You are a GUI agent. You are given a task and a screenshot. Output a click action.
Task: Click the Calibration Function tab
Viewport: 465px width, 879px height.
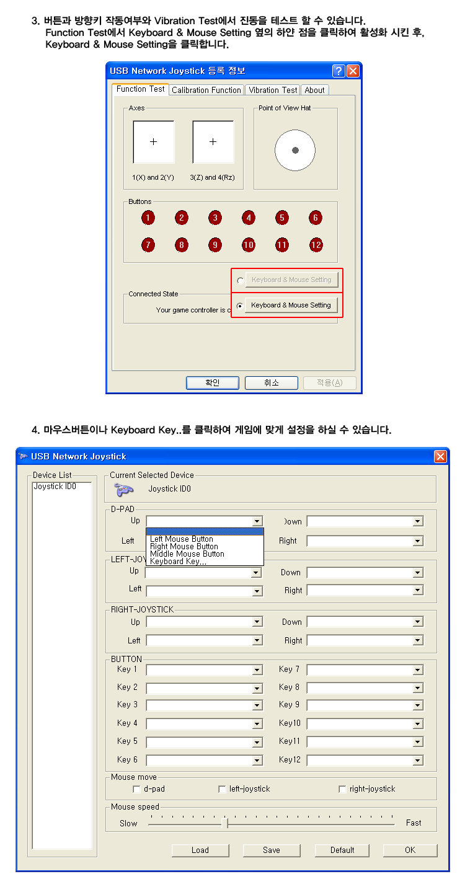click(x=206, y=90)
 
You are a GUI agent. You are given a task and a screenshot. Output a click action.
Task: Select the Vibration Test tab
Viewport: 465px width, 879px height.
click(x=273, y=90)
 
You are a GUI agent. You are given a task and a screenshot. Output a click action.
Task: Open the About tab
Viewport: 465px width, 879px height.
click(x=314, y=90)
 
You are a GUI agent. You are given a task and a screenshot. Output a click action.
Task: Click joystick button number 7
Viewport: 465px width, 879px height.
click(x=148, y=245)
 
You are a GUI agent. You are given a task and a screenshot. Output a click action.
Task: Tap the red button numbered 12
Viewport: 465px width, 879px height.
click(x=316, y=245)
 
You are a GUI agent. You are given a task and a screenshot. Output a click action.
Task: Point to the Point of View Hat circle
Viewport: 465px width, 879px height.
click(x=295, y=150)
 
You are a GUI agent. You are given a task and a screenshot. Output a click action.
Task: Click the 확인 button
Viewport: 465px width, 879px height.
click(x=212, y=382)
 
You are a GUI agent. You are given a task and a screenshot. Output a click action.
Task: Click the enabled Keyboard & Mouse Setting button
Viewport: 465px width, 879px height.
click(x=291, y=305)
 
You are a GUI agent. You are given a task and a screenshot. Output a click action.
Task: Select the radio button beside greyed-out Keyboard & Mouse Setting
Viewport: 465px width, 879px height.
click(x=240, y=280)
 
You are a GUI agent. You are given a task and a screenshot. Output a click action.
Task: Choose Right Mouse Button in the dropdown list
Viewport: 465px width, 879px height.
click(x=184, y=546)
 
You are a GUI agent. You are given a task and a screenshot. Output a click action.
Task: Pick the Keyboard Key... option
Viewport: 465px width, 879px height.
click(x=179, y=561)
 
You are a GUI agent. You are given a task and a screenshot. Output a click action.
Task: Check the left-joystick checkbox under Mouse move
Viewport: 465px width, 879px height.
click(x=222, y=789)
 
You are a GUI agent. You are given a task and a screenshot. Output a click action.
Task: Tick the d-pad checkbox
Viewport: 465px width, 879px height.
click(x=136, y=789)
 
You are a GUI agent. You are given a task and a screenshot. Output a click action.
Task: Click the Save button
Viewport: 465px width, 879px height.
click(x=271, y=850)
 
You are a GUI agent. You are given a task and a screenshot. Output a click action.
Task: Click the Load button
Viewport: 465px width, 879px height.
click(x=200, y=850)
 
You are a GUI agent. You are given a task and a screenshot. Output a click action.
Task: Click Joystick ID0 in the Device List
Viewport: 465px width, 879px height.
click(x=55, y=487)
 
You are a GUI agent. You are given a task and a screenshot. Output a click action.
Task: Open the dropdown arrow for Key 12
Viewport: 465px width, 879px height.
click(x=418, y=760)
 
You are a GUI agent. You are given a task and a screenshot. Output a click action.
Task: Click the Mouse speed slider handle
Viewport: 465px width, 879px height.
click(x=226, y=823)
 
